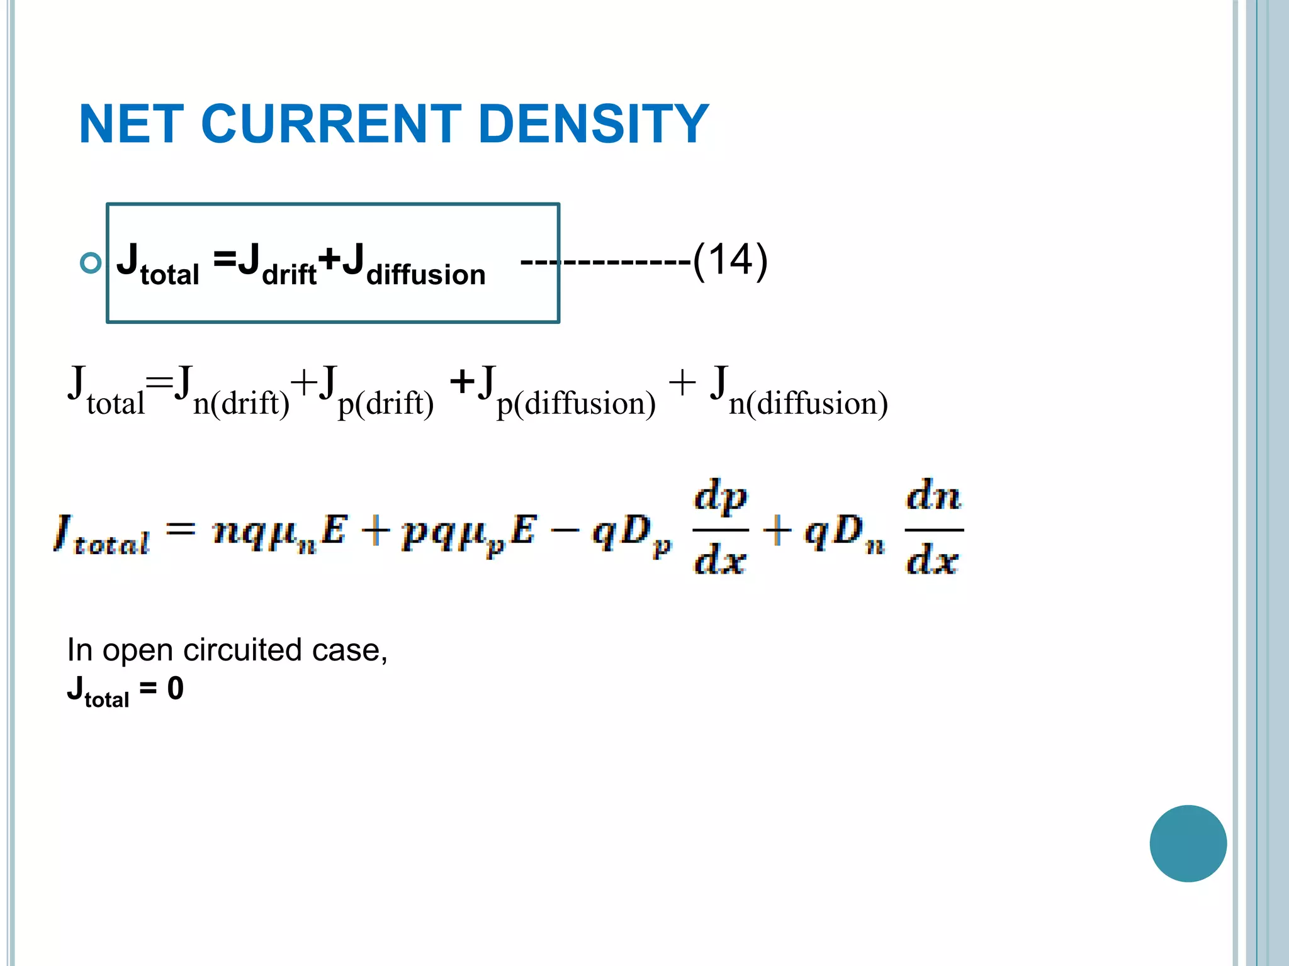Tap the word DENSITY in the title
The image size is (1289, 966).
click(x=593, y=124)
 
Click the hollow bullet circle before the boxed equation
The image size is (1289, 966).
click(x=91, y=262)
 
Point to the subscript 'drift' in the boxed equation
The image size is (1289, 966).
click(x=289, y=275)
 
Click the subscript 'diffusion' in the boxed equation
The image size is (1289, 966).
click(x=426, y=275)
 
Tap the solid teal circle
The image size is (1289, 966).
click(x=1188, y=843)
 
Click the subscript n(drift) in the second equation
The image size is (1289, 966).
click(x=241, y=403)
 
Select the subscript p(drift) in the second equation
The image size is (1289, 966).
click(x=386, y=403)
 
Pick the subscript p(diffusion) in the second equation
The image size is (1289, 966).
click(x=576, y=403)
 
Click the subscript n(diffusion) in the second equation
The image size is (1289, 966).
click(x=808, y=403)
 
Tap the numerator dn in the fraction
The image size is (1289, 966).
click(x=933, y=497)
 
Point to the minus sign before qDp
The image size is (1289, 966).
click(x=565, y=531)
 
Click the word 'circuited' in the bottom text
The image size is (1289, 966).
click(x=242, y=650)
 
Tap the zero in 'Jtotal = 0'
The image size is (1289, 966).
click(x=176, y=689)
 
